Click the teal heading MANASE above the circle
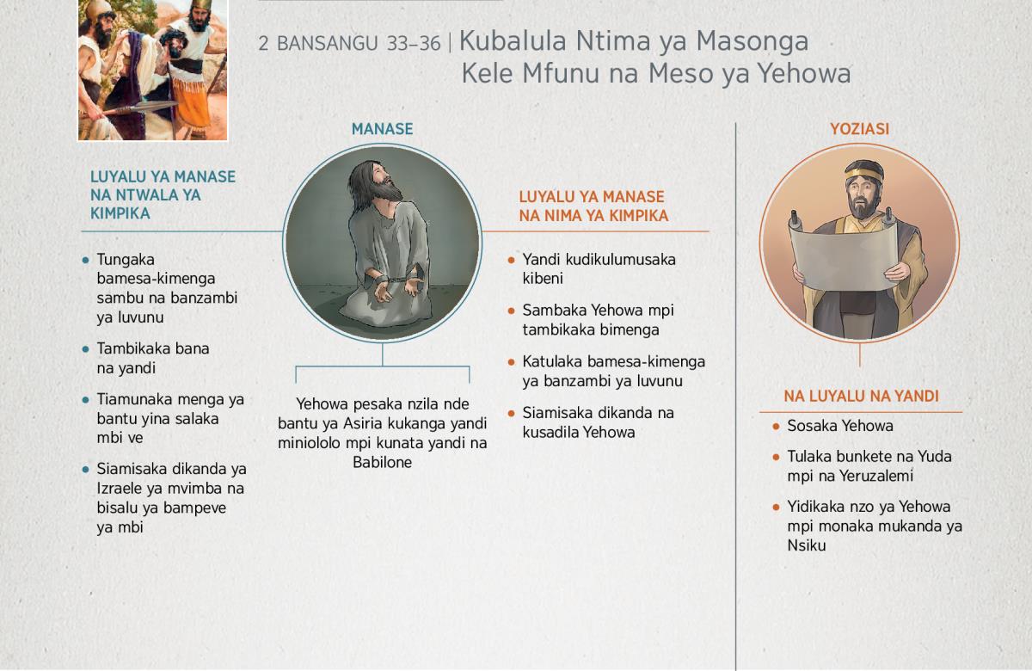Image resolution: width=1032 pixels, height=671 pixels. [382, 129]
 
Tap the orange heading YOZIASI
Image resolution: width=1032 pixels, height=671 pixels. [859, 129]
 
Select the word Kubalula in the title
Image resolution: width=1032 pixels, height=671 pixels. [513, 41]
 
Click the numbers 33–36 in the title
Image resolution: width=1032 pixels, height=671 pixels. [414, 44]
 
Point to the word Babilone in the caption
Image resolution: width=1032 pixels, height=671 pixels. [383, 462]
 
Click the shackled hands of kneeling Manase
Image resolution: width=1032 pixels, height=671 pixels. [396, 286]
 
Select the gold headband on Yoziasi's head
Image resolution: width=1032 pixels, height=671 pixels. [863, 175]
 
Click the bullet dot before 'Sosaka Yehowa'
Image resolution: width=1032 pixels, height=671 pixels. [776, 427]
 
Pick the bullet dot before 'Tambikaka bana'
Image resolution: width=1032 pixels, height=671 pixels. [85, 349]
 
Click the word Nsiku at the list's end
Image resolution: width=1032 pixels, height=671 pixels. [807, 545]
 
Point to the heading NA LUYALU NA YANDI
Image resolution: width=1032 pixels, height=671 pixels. [861, 397]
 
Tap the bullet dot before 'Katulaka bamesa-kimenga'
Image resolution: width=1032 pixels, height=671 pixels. [511, 362]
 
